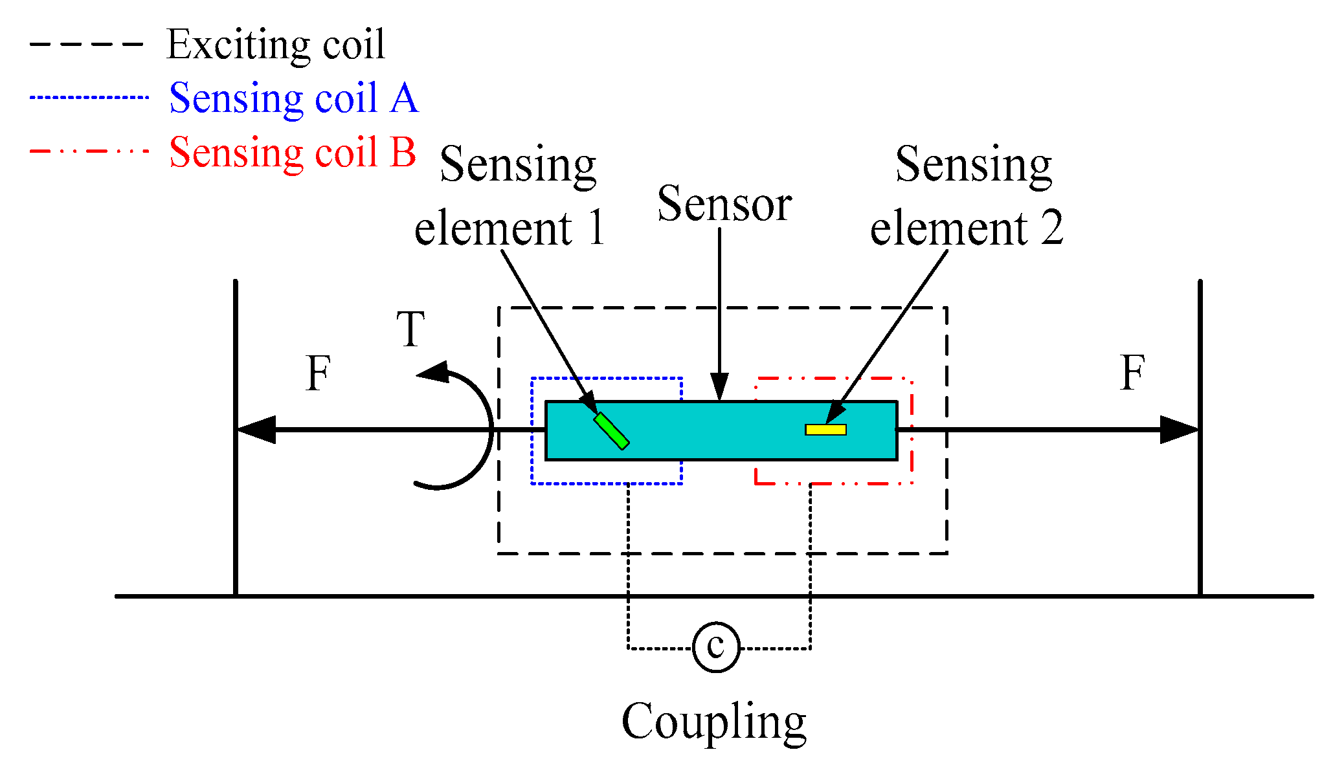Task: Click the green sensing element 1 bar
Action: [x=611, y=431]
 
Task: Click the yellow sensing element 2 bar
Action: [x=825, y=430]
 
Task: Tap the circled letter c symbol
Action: [x=716, y=647]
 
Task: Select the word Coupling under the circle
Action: [x=713, y=722]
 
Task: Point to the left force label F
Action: [x=318, y=373]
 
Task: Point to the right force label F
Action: [x=1132, y=373]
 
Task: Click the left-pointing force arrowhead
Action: [x=256, y=430]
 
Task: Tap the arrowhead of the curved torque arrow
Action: [x=434, y=372]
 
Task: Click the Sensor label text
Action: [x=724, y=204]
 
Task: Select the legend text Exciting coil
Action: [x=275, y=45]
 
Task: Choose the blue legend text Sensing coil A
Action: [x=293, y=98]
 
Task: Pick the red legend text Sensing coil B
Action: [x=292, y=152]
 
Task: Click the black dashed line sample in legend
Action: [x=85, y=45]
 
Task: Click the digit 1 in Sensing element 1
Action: [x=596, y=228]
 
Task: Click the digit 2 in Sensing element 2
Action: [x=1051, y=228]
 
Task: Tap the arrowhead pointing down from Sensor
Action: [x=719, y=387]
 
